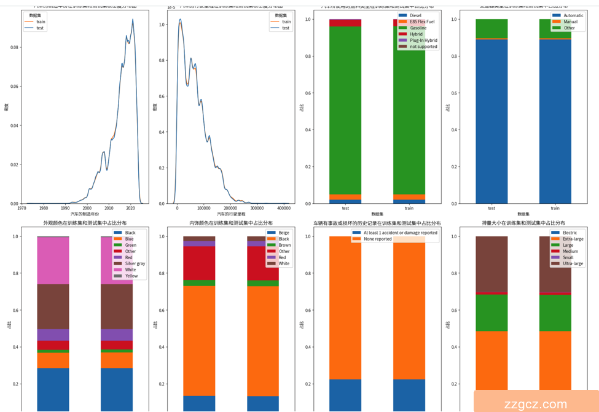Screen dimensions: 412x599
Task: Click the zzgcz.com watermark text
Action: click(x=535, y=403)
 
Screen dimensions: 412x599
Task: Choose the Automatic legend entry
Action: click(x=574, y=15)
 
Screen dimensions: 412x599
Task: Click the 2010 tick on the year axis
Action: click(x=109, y=208)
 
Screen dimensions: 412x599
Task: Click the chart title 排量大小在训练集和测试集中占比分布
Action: click(x=523, y=223)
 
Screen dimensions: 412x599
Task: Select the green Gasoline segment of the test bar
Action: click(x=345, y=111)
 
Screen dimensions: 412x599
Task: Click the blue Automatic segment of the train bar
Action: click(x=555, y=123)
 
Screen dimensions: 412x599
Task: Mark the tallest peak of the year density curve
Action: click(x=132, y=20)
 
